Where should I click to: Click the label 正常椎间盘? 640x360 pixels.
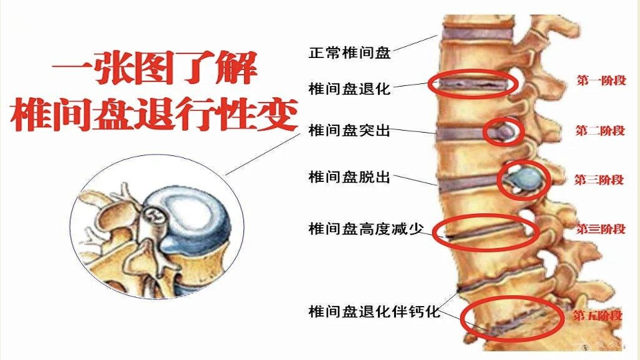coord(349,53)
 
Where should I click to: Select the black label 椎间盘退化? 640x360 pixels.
coord(349,88)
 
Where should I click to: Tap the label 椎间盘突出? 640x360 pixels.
coord(349,131)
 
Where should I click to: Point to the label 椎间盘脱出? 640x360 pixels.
coord(349,177)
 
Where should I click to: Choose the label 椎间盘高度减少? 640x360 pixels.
coord(366,229)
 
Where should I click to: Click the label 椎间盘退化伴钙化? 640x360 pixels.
coord(374,311)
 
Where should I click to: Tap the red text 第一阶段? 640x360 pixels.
coord(601,80)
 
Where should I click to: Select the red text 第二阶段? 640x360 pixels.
coord(600,131)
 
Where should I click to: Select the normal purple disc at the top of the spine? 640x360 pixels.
coord(477,33)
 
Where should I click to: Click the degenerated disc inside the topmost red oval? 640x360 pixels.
coord(473,85)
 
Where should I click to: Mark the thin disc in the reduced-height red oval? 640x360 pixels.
coord(484,232)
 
